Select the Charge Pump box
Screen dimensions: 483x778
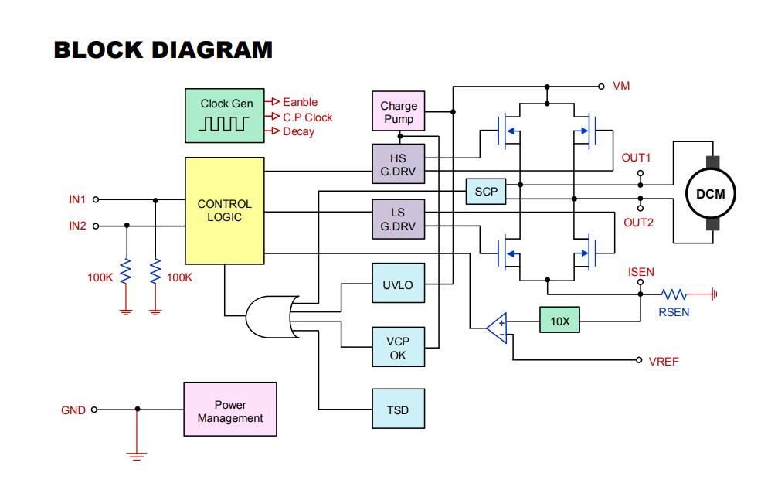399,112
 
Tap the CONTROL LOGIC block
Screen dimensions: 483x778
224,211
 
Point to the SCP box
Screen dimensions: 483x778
486,192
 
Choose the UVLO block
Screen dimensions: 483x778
397,285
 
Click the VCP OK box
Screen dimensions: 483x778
397,348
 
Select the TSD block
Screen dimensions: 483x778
397,411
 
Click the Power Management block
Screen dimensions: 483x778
229,411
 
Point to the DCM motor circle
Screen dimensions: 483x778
710,194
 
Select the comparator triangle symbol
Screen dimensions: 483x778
497,328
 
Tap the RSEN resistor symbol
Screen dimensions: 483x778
674,294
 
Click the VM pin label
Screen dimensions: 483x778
621,86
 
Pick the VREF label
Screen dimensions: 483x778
664,361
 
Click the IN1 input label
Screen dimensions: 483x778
77,199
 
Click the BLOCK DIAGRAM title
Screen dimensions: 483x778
163,49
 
